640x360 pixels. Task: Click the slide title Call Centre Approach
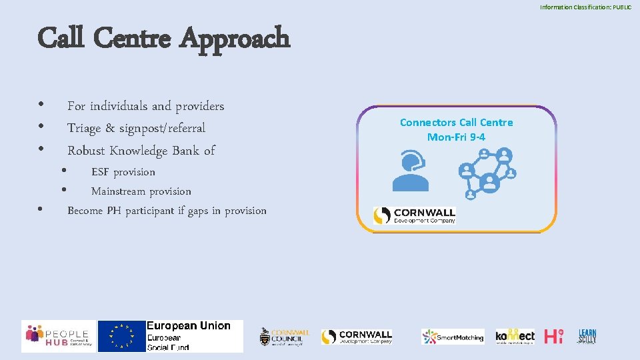click(164, 38)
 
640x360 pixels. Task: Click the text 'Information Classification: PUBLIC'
click(585, 7)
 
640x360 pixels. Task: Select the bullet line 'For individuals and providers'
click(145, 106)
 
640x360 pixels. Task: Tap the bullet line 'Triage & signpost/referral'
click(136, 128)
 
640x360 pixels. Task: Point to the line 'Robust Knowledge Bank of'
click(141, 151)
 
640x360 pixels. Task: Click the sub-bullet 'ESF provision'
click(123, 172)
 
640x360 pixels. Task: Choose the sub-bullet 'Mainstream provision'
click(141, 191)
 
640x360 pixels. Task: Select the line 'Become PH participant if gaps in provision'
click(167, 211)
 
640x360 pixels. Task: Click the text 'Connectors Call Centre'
click(456, 122)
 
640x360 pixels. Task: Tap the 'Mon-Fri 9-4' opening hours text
click(456, 137)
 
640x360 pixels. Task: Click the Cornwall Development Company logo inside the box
click(415, 215)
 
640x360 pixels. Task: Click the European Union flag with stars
click(121, 336)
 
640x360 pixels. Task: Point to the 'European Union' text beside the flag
click(188, 326)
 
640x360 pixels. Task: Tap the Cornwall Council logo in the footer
click(285, 337)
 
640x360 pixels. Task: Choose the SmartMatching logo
click(453, 337)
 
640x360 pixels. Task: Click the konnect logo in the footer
click(515, 336)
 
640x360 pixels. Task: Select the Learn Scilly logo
click(587, 336)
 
